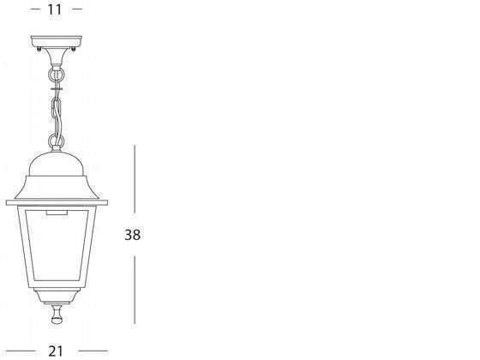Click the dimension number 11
[x=55, y=9]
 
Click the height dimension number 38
[x=133, y=235]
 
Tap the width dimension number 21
[x=56, y=351]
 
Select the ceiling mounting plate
[x=57, y=41]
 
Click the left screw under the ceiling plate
[x=39, y=49]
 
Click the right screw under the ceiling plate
[x=73, y=49]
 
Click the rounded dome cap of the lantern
[x=57, y=164]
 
